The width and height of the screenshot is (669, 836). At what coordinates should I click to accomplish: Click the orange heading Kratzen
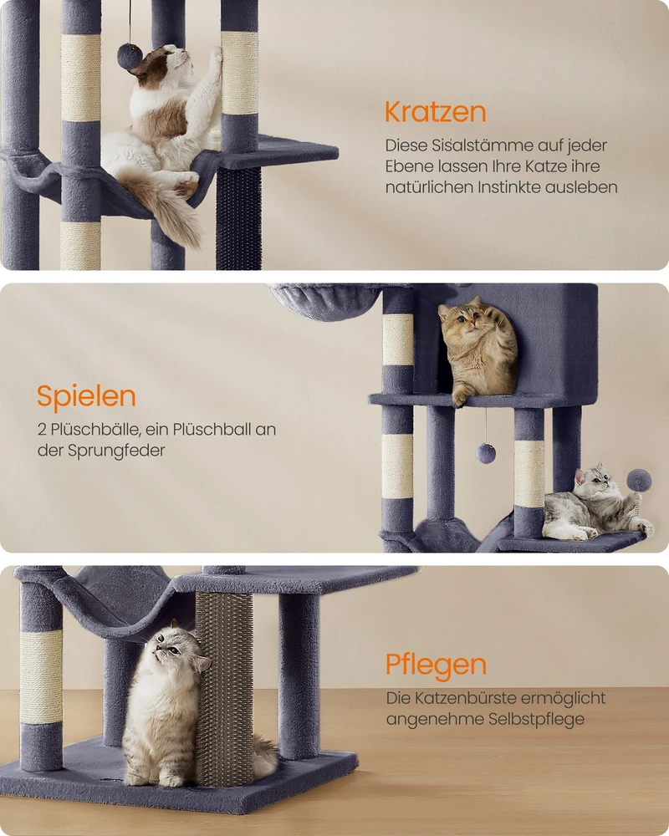click(435, 112)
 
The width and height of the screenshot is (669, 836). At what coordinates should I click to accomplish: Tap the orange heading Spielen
click(86, 396)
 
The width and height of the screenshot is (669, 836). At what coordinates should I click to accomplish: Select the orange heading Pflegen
click(436, 665)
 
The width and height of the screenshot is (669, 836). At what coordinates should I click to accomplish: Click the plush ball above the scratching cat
click(130, 57)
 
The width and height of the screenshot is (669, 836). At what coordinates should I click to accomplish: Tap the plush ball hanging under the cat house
click(486, 453)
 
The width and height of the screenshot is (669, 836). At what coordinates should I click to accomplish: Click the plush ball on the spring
click(638, 481)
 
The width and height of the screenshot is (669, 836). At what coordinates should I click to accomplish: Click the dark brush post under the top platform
click(238, 218)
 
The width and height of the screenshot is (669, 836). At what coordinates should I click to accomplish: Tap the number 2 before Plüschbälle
click(42, 430)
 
